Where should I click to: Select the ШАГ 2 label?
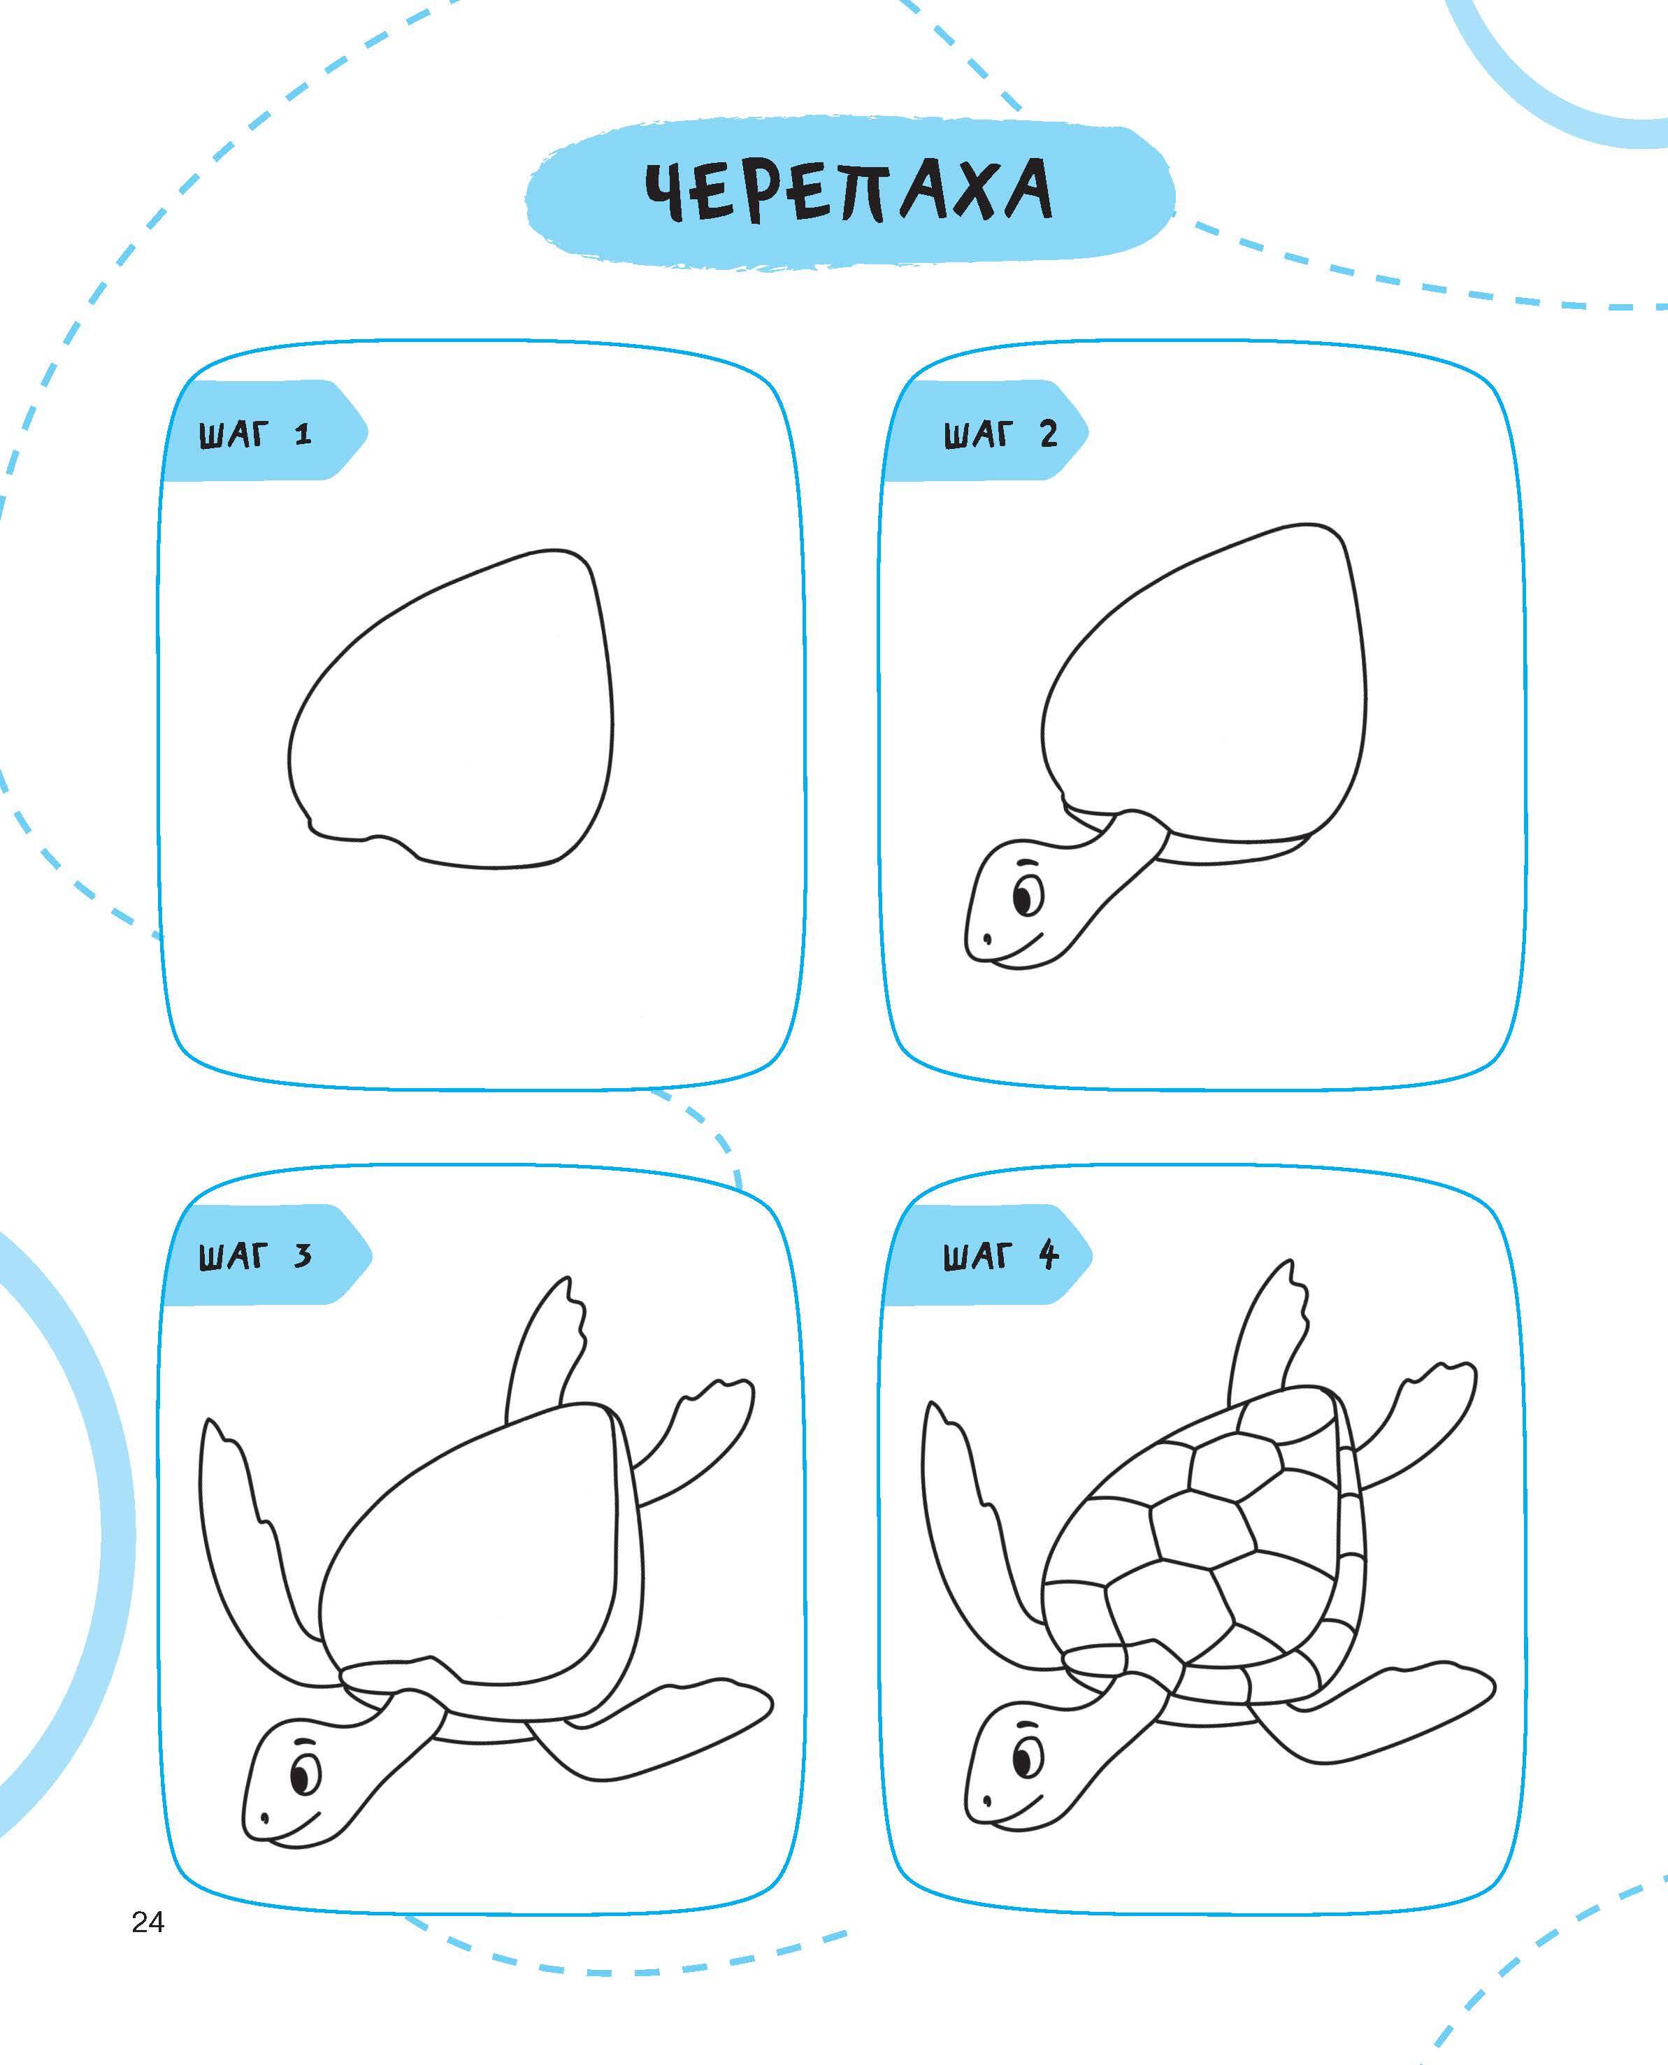[1000, 435]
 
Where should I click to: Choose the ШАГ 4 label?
[1000, 1256]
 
